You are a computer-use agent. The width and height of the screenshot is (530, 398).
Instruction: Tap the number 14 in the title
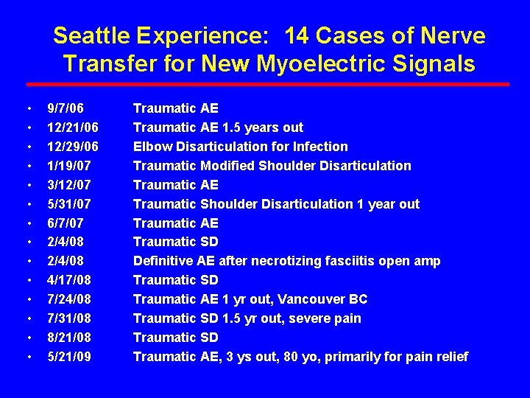[300, 35]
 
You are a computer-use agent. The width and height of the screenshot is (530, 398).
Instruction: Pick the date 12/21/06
[72, 128]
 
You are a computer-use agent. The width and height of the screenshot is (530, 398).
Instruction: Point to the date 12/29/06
[72, 147]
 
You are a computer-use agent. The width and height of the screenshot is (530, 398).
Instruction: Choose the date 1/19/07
[66, 166]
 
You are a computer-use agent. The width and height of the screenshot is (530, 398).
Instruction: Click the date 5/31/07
[66, 204]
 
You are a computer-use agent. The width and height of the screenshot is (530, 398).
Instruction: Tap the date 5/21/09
[66, 357]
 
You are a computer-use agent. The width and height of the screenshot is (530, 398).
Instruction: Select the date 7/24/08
[66, 299]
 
